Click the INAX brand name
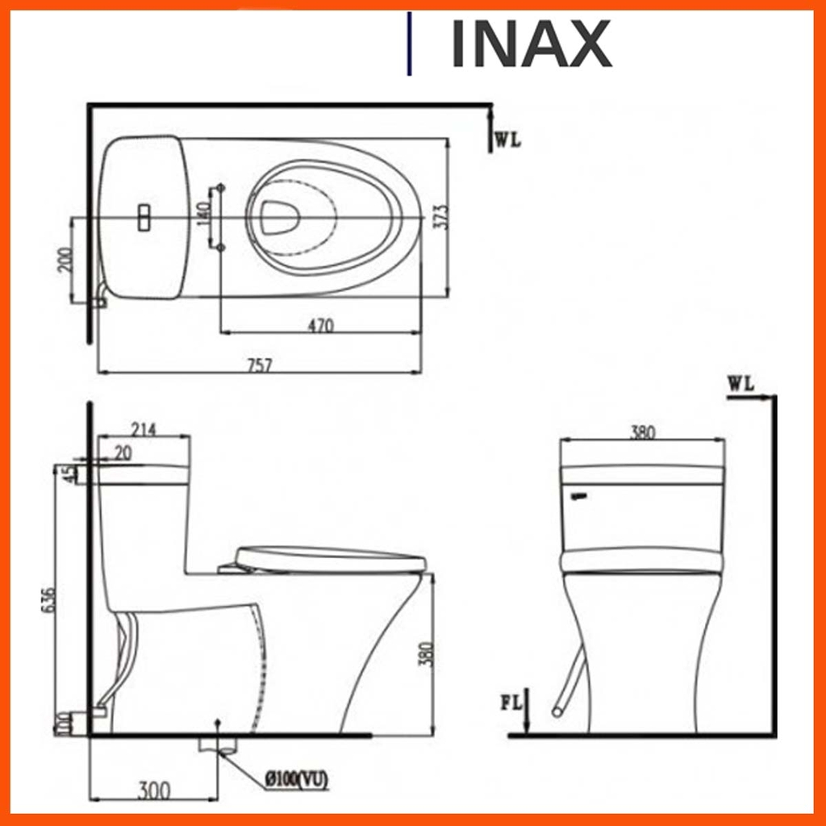point(530,44)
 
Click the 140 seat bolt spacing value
point(203,215)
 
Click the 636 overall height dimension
point(49,599)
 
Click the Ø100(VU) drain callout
point(296,779)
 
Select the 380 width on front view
point(642,432)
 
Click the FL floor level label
point(511,702)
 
